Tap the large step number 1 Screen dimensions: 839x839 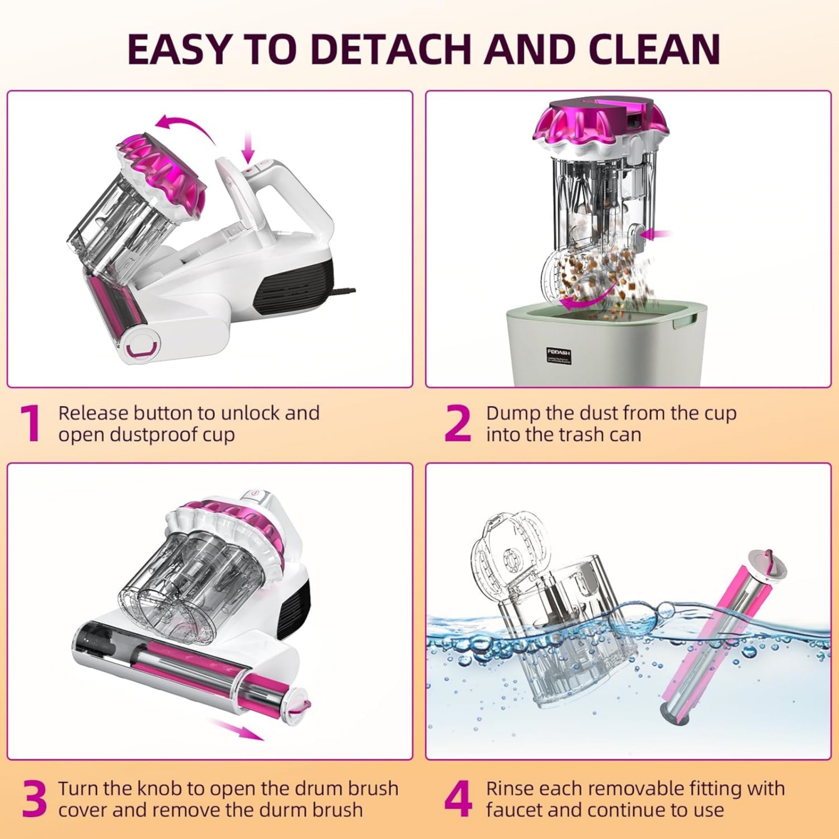(30, 424)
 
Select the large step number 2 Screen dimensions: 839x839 (458, 424)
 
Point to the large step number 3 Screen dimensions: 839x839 (34, 799)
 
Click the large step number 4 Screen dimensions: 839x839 (458, 799)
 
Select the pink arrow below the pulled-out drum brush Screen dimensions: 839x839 (237, 729)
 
